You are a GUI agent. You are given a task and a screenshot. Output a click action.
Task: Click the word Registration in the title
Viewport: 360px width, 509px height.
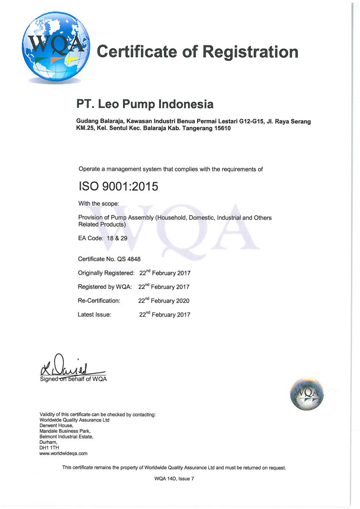[x=250, y=52]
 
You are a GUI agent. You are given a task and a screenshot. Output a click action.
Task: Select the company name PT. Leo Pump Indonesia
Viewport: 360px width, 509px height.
[x=144, y=104]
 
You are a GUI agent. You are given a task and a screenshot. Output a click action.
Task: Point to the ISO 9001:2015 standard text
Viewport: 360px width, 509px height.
[x=118, y=186]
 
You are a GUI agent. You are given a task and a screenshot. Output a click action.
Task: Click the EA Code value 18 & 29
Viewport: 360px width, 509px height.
[x=117, y=238]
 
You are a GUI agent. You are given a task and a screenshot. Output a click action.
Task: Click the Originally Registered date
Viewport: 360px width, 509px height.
[x=165, y=273]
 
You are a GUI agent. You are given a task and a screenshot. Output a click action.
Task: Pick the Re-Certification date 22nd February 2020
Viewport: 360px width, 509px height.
[x=164, y=301]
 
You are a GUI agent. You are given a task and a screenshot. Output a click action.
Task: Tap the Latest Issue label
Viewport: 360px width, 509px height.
[x=94, y=315]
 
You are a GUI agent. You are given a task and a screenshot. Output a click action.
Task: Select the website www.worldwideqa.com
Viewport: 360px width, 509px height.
[x=63, y=453]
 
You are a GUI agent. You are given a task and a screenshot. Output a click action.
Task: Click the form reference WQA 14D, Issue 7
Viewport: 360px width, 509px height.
[x=174, y=479]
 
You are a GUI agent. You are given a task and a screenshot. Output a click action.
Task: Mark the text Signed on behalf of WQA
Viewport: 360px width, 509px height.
[x=73, y=379]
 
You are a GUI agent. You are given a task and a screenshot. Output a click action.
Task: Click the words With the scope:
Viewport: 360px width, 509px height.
[x=98, y=204]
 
